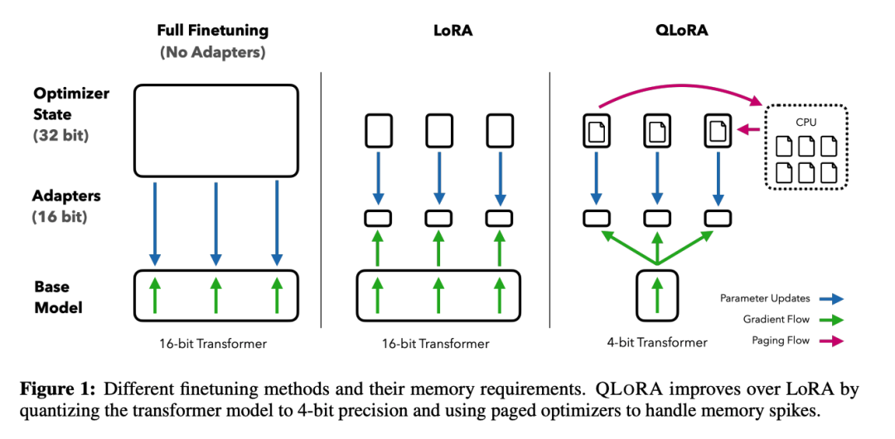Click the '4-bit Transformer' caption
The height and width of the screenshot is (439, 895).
[x=657, y=342]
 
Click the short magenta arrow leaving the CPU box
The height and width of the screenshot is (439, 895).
[x=749, y=128]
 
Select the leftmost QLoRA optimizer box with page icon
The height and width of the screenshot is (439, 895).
[x=597, y=131]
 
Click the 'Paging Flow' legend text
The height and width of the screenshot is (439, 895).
[x=781, y=341]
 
